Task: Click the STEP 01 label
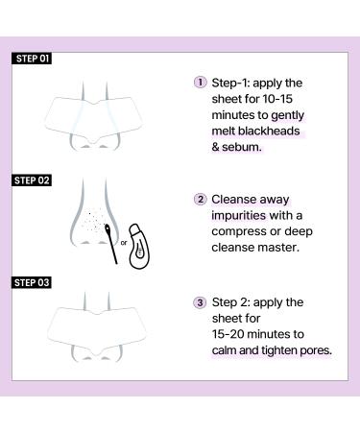(x=34, y=59)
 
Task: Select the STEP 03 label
(x=34, y=284)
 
